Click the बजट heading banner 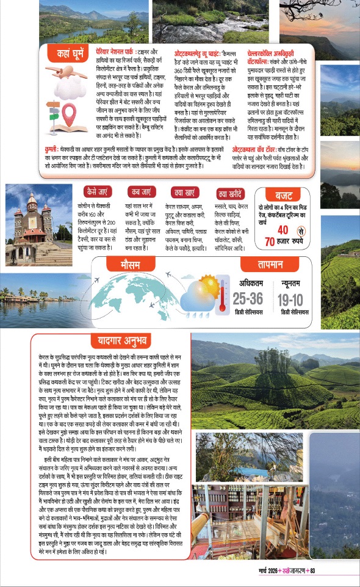(284, 196)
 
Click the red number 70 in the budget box (269, 242)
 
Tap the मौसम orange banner (148, 264)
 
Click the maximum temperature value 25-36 (248, 298)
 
